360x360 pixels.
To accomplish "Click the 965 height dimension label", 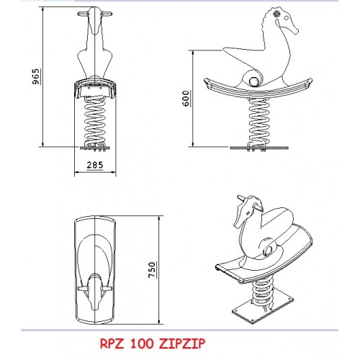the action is coord(35,76).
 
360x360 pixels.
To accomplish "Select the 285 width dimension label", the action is coord(95,165).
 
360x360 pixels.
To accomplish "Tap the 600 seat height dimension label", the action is coord(186,99).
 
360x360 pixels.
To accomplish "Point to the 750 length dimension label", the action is coord(152,270).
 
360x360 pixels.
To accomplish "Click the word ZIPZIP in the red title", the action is coord(182,343).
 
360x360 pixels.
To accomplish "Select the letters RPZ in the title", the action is coord(112,343).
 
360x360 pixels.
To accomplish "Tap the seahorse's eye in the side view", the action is coord(276,14).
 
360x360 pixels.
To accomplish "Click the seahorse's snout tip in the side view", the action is coord(297,31).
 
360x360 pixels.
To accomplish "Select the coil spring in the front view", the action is coord(94,120).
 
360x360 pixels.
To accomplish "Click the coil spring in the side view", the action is coord(258,120).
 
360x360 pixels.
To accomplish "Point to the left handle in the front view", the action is coord(83,14).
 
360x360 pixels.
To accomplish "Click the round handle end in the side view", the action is coord(253,81).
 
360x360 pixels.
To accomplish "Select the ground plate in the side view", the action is coord(259,148).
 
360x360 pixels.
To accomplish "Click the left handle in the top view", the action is coord(83,289).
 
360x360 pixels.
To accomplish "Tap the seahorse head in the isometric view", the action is coord(246,211).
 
